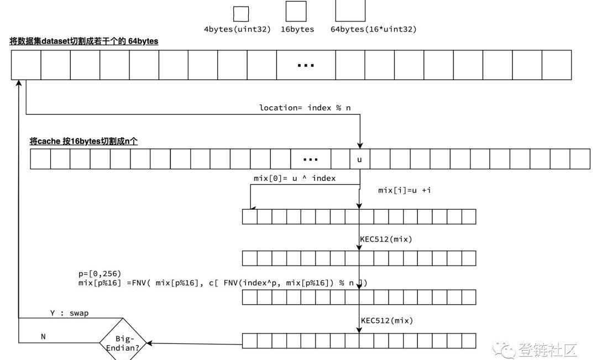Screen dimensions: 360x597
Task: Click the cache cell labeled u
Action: coord(359,159)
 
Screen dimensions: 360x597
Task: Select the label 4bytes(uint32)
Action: coord(237,29)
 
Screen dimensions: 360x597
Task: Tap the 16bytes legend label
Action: coord(297,29)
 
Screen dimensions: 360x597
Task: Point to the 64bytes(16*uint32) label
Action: coord(374,29)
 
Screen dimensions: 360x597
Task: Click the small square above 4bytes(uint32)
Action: coord(241,14)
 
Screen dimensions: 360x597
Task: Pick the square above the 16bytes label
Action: coord(296,11)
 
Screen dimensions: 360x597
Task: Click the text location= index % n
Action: coord(305,107)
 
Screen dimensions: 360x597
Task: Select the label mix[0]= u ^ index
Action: coord(295,178)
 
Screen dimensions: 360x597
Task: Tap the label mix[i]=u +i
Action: coord(404,190)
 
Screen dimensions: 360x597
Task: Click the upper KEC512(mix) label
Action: coord(386,239)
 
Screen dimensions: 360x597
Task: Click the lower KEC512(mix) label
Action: coord(386,320)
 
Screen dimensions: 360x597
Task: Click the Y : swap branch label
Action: coord(70,313)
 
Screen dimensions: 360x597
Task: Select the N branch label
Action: coord(43,336)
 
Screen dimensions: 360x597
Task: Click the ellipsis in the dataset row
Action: coord(306,65)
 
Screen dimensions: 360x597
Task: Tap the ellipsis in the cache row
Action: coord(311,159)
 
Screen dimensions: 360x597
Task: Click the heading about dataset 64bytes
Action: coord(84,41)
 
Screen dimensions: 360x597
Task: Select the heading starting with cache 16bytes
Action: coord(83,142)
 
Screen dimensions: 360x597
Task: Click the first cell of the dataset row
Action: coord(26,65)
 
